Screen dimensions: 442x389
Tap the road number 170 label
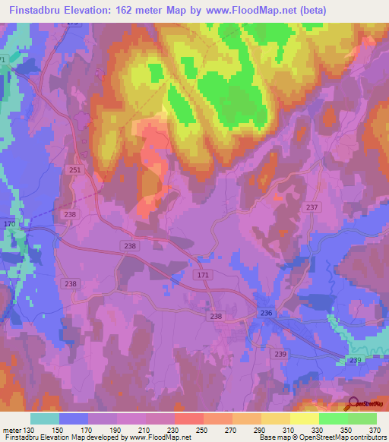pyautogui.click(x=9, y=225)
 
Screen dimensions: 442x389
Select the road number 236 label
pyautogui.click(x=266, y=313)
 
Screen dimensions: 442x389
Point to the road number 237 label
pyautogui.click(x=312, y=207)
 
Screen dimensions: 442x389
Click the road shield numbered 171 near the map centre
pyautogui.click(x=202, y=273)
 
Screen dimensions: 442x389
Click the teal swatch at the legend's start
pyautogui.click(x=45, y=418)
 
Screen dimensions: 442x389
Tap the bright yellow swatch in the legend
pyautogui.click(x=304, y=418)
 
